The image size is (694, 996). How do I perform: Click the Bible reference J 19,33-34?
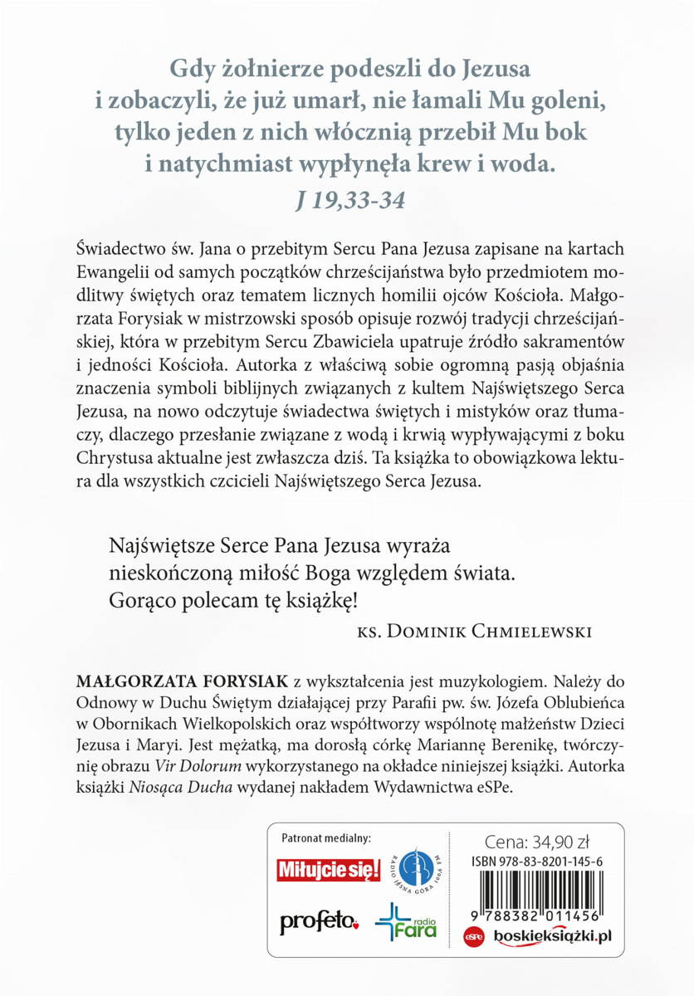pyautogui.click(x=347, y=199)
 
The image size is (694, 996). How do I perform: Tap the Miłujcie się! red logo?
pyautogui.click(x=329, y=870)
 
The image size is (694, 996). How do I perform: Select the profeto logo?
pyautogui.click(x=320, y=920)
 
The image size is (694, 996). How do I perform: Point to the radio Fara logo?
pyautogui.click(x=407, y=920)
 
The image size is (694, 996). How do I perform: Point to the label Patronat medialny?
pyautogui.click(x=326, y=838)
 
